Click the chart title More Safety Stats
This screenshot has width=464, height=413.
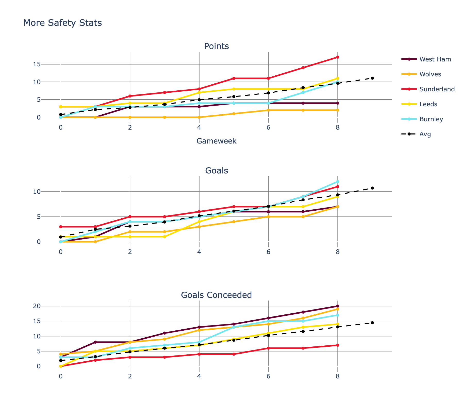tap(63, 23)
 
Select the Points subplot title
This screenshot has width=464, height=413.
tap(216, 46)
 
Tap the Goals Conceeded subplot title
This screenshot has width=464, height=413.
tap(216, 295)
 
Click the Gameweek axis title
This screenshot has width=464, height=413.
tap(216, 141)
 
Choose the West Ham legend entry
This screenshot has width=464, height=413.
tap(435, 59)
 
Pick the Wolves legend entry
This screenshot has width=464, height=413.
tap(430, 74)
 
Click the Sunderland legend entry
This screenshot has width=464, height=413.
tap(437, 89)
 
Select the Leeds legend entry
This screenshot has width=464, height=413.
tap(428, 104)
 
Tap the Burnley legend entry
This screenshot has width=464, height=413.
tap(431, 119)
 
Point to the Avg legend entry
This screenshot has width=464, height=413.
tap(425, 134)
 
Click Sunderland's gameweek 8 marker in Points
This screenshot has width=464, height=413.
tap(338, 57)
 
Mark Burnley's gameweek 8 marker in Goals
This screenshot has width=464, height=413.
tap(338, 182)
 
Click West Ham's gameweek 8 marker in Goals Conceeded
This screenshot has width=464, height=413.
tap(338, 306)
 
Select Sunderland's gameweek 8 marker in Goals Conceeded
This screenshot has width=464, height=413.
tap(338, 345)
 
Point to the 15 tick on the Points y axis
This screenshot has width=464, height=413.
tap(37, 64)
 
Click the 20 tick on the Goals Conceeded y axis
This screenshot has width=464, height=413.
tap(37, 306)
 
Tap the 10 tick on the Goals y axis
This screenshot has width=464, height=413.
tap(37, 192)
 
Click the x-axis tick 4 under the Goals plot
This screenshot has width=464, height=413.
tap(199, 252)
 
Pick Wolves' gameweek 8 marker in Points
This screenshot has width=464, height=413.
tap(338, 110)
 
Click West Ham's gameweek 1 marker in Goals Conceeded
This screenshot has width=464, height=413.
tap(95, 342)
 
